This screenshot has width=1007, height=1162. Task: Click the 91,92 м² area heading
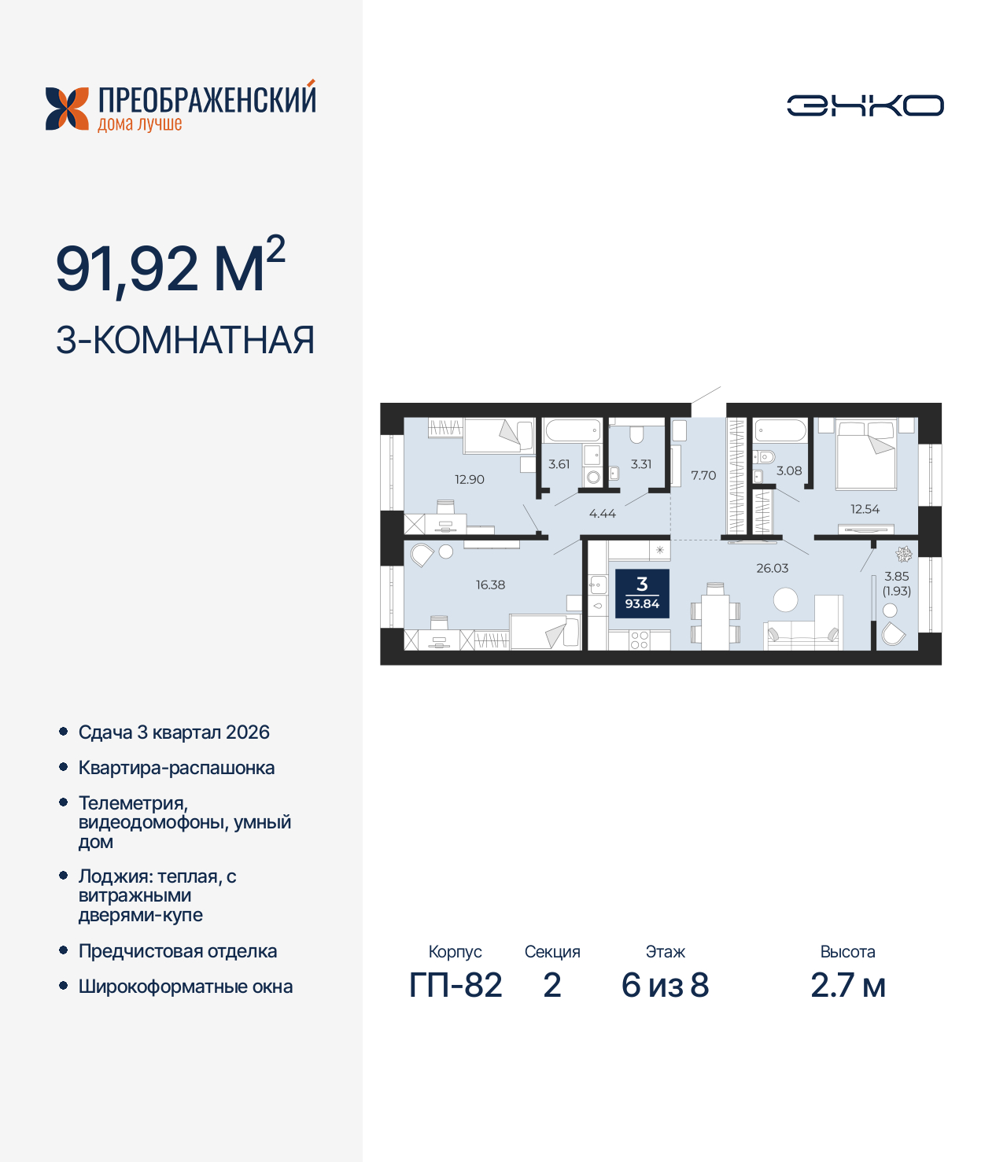[170, 267]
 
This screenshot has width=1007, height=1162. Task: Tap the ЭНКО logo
[865, 105]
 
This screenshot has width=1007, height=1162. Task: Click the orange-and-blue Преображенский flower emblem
[67, 109]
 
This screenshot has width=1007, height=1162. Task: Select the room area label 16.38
[490, 585]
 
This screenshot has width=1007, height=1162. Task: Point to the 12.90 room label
[470, 479]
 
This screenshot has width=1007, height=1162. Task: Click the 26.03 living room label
[772, 568]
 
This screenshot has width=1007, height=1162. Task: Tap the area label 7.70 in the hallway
[703, 475]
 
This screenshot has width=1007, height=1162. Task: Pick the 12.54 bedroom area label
[865, 509]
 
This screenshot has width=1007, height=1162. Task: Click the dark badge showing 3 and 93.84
[642, 593]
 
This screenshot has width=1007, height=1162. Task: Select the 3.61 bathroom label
[559, 464]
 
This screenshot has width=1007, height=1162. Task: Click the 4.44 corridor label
[603, 514]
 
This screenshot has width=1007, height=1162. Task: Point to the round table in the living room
[785, 600]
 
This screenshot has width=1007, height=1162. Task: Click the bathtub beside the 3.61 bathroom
[573, 430]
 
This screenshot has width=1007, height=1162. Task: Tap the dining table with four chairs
[715, 618]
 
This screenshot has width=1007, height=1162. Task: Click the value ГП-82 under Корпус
[456, 985]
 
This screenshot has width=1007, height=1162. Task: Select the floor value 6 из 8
[665, 985]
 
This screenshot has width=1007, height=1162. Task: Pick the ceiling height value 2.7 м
[848, 985]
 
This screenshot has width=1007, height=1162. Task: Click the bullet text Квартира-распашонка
[176, 768]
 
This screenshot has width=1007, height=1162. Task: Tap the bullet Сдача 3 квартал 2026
[174, 732]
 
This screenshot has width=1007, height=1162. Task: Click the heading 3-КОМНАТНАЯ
[186, 341]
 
